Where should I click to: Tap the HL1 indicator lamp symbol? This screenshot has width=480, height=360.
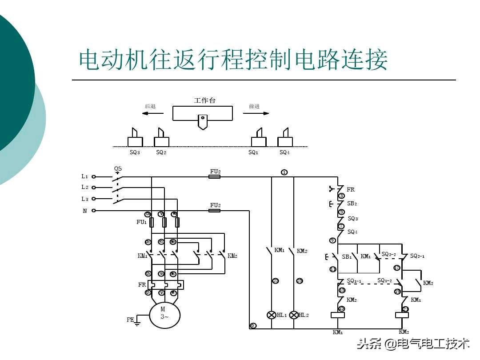[271, 315]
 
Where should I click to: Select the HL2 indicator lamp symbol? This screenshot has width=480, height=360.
[293, 315]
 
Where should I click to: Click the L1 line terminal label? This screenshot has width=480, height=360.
[85, 176]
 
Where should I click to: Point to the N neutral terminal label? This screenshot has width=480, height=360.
[85, 211]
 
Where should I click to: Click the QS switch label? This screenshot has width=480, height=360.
[118, 169]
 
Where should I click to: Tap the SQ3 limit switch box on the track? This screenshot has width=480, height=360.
[135, 142]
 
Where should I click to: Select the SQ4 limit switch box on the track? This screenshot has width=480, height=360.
[285, 142]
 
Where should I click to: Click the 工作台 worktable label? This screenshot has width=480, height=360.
[204, 100]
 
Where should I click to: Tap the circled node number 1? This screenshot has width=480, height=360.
[284, 172]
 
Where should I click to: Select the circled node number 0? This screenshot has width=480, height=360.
[253, 326]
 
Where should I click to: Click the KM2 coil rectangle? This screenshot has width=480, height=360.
[402, 316]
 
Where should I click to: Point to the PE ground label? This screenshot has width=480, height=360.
[130, 320]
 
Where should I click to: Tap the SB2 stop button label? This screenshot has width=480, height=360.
[352, 204]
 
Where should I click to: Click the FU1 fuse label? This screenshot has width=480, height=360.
[141, 222]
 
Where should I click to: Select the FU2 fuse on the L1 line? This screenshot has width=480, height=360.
[215, 176]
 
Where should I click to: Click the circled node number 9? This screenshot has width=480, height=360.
[332, 240]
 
